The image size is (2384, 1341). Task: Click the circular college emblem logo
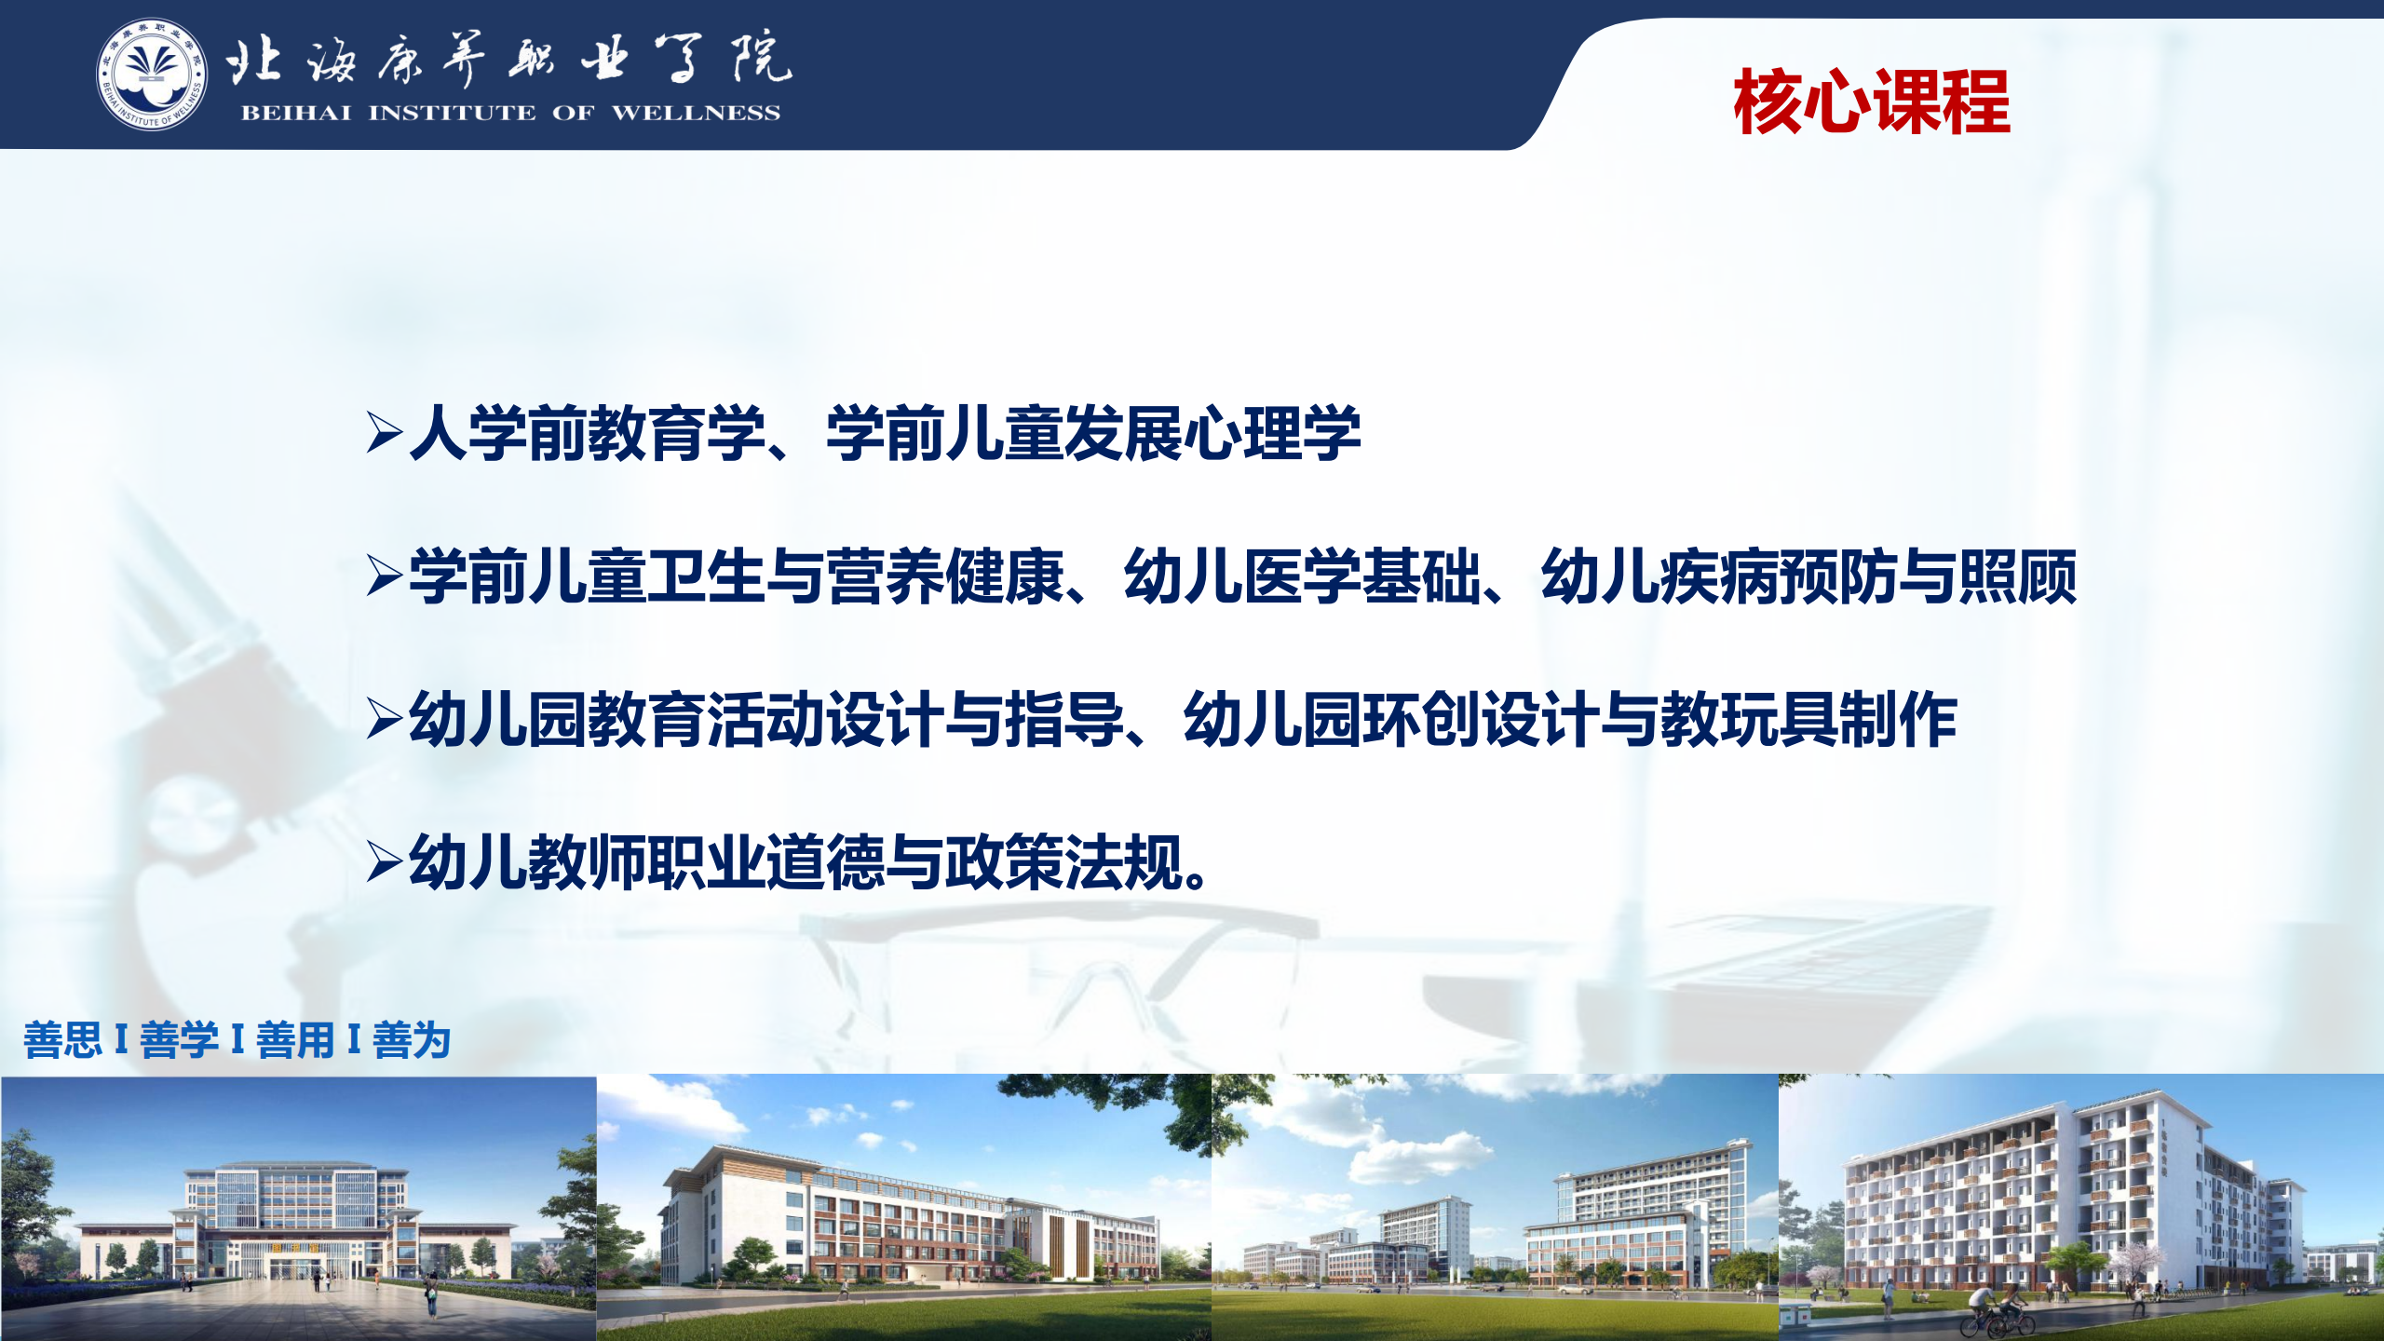[152, 74]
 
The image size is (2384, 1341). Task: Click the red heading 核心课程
[1872, 102]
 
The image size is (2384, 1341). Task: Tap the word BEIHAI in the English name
[296, 114]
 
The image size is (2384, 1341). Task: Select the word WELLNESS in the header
[696, 114]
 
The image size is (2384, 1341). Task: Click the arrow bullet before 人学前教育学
[385, 432]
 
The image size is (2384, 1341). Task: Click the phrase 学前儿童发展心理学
[1093, 433]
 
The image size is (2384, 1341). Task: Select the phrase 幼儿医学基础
[1302, 576]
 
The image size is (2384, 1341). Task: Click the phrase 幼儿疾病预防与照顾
[1808, 576]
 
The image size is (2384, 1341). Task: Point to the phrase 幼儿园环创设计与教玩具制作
[1570, 719]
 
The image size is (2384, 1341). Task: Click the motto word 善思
[62, 1040]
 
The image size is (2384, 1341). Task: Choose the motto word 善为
[412, 1040]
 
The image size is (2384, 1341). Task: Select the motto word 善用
[295, 1040]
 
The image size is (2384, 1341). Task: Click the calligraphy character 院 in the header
[761, 58]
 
